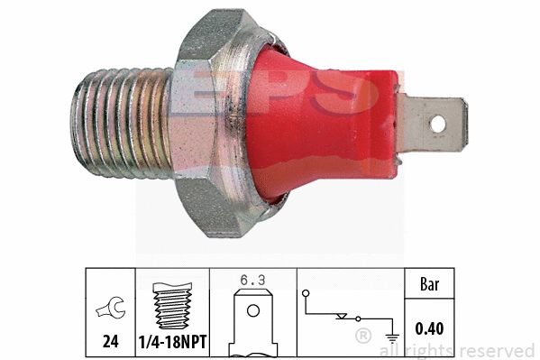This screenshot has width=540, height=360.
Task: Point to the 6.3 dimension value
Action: click(x=252, y=280)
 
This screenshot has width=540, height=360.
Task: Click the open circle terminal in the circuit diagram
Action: click(x=306, y=294)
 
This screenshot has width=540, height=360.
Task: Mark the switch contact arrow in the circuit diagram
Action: click(x=340, y=317)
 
